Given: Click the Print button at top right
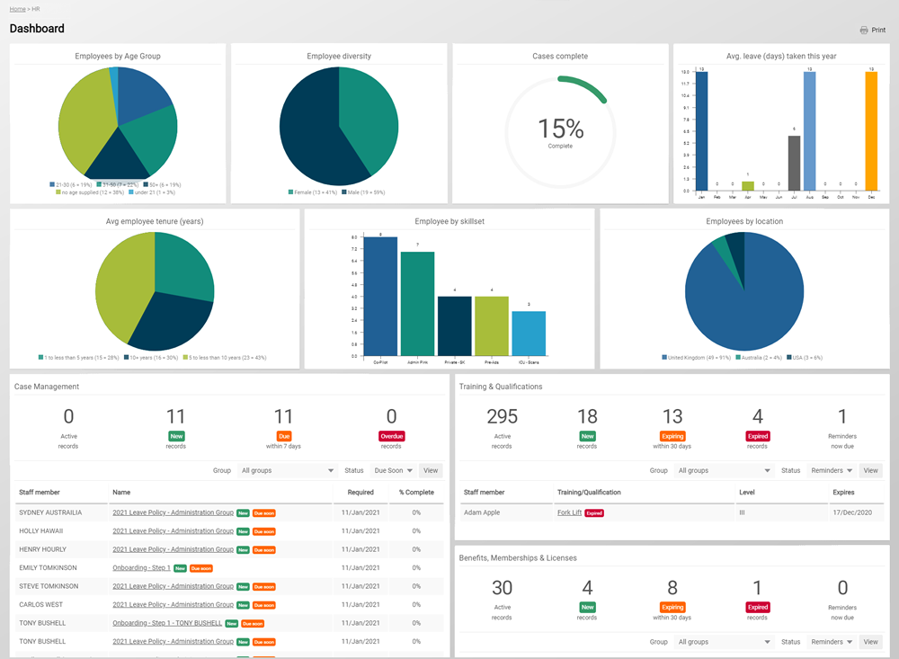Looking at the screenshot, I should [x=872, y=30].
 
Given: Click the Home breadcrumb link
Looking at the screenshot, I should [x=17, y=8].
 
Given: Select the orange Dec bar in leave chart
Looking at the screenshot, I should [x=870, y=131].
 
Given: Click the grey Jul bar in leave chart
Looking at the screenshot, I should [x=794, y=164].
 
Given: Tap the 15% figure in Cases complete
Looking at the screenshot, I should [x=560, y=129].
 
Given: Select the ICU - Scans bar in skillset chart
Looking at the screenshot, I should [x=529, y=333].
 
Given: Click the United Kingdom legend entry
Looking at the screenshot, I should [x=697, y=357].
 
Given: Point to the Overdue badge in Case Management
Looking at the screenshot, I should [x=391, y=436].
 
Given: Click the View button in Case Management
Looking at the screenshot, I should [x=431, y=470].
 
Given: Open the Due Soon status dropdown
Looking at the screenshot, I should [x=392, y=470].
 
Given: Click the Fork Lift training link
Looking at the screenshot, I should [x=569, y=512].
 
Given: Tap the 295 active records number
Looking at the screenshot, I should [x=502, y=416].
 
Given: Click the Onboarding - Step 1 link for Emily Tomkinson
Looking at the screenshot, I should [x=141, y=568].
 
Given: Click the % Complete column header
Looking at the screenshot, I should [x=416, y=493].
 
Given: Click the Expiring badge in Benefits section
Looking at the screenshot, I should [x=672, y=608].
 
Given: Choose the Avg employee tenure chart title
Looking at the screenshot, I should [x=155, y=221].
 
